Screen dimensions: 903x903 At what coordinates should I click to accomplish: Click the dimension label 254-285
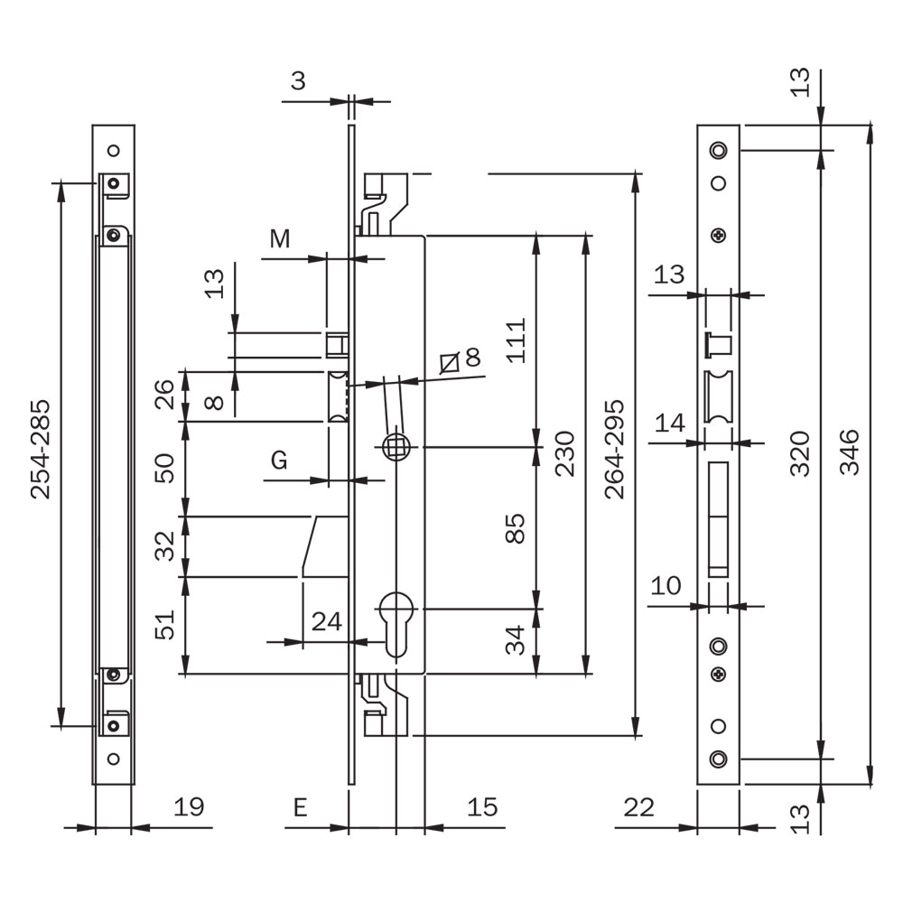[x=41, y=449]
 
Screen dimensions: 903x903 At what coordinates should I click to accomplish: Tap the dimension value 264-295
[x=615, y=449]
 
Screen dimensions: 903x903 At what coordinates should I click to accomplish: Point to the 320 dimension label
[x=800, y=452]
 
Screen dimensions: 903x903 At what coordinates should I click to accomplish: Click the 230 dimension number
[x=565, y=453]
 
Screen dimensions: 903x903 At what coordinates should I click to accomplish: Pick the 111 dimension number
[x=516, y=340]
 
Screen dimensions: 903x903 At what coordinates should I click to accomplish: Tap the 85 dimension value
[x=516, y=528]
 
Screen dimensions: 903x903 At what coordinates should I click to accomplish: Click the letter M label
[x=280, y=239]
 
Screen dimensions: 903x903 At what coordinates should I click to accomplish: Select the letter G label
[x=279, y=461]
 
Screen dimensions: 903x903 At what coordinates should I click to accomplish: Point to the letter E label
[x=300, y=807]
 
